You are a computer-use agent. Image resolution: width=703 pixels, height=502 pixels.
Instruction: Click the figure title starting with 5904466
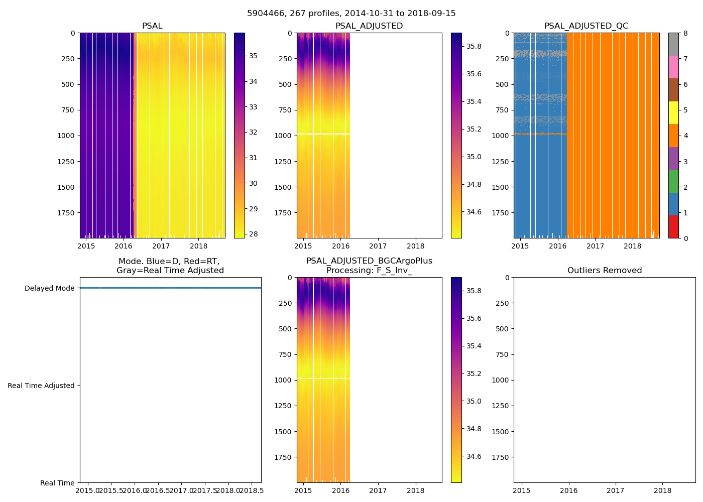(x=351, y=14)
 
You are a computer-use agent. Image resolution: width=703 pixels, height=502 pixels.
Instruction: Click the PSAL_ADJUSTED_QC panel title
(x=586, y=26)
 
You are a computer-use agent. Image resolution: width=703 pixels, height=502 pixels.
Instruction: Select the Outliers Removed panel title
(x=604, y=271)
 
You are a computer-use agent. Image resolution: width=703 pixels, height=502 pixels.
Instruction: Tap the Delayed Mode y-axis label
(x=49, y=288)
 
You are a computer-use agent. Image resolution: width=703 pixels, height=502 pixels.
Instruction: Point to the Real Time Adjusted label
(x=41, y=386)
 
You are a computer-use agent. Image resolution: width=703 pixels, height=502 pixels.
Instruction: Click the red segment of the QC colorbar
(x=673, y=227)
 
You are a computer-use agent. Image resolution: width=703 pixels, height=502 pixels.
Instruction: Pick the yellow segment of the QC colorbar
(x=673, y=112)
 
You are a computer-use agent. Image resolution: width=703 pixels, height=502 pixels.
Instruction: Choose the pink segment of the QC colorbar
(x=673, y=67)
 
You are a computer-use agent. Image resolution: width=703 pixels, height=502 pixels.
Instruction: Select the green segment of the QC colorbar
(x=673, y=181)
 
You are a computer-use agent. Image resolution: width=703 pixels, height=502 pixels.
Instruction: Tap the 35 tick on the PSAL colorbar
(x=253, y=56)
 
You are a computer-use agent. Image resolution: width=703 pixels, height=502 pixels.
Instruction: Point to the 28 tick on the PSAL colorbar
(x=253, y=234)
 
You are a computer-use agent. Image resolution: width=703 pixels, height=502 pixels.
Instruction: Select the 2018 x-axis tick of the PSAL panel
(x=199, y=246)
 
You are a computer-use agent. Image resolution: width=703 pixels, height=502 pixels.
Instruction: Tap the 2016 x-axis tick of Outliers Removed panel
(x=568, y=490)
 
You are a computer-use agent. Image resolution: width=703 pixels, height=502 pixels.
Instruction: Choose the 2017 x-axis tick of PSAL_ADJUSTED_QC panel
(x=595, y=246)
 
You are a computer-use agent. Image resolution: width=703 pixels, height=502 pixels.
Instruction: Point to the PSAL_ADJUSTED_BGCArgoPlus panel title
(x=369, y=266)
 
